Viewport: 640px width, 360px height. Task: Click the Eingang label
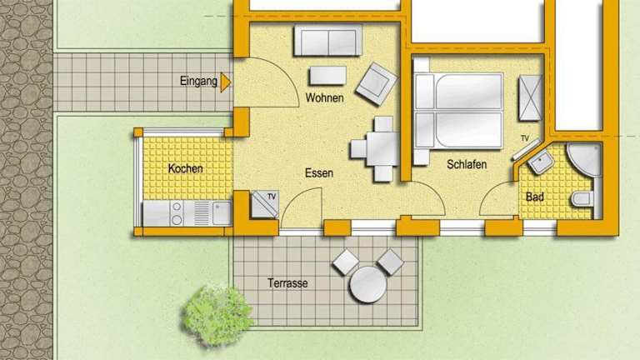198,81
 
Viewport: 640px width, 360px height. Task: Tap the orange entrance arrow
225,82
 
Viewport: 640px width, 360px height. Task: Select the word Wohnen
324,98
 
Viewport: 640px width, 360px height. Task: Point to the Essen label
319,173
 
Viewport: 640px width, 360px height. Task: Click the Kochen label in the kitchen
185,168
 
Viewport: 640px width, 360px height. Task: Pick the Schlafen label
467,164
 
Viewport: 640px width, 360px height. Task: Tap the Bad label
535,197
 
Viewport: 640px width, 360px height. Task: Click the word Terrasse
287,283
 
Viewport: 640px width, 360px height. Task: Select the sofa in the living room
327,40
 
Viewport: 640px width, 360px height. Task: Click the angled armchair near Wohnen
377,84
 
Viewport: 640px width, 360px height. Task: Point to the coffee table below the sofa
327,76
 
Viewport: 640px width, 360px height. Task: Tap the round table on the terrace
367,284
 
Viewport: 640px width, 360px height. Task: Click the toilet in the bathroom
582,199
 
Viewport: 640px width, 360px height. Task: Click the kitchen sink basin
222,213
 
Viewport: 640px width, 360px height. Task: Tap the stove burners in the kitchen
177,213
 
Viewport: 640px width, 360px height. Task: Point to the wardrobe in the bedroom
530,98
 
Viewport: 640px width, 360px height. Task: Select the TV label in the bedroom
525,139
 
